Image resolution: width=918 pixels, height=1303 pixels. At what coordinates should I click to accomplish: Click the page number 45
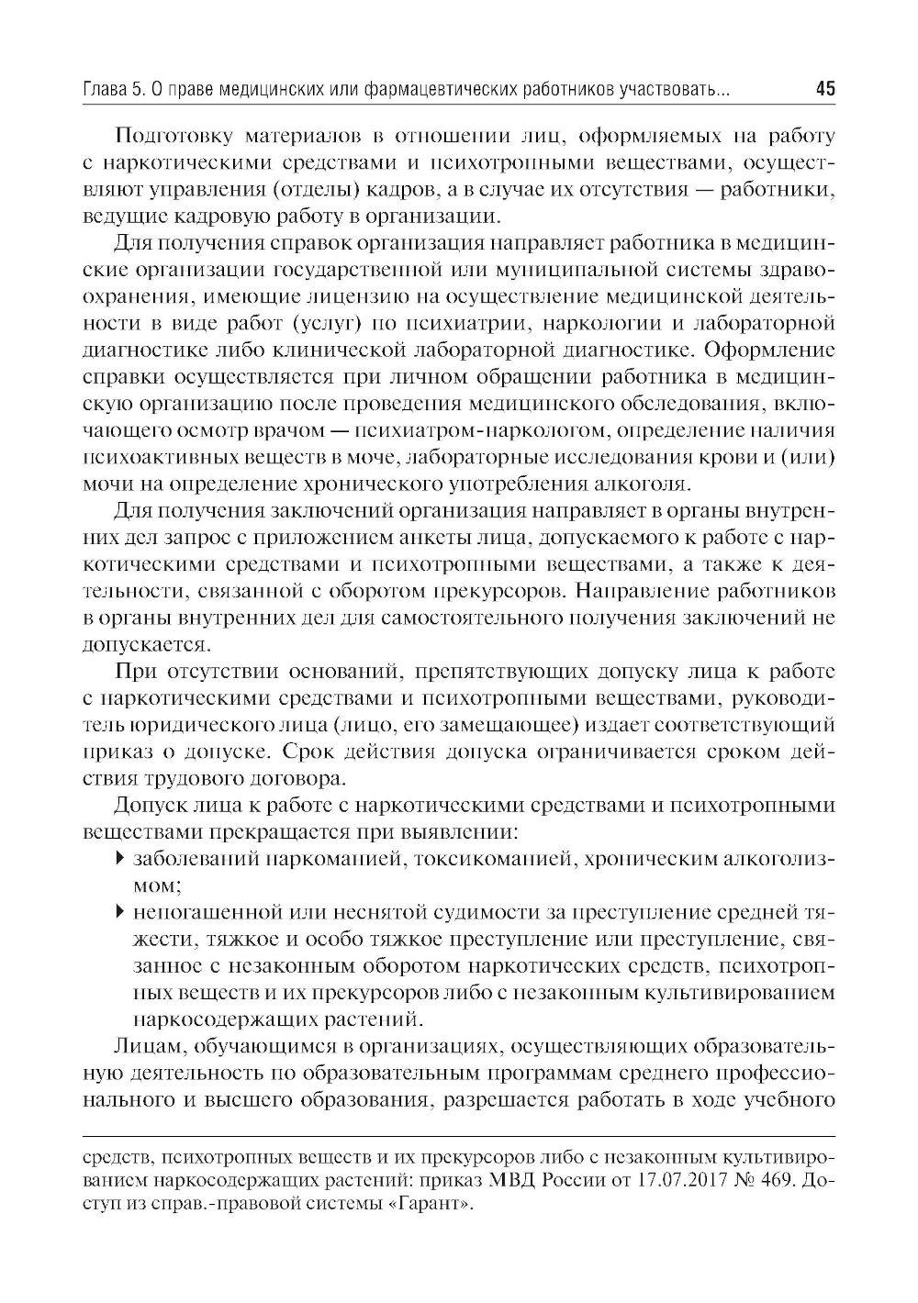click(824, 90)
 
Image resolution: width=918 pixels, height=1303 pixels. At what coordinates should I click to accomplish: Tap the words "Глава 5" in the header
click(114, 90)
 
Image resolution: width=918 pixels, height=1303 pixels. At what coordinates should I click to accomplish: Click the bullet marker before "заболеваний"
click(120, 860)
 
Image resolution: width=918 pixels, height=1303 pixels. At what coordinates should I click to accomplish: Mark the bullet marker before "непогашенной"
click(120, 913)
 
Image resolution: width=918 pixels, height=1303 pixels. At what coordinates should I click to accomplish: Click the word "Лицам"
click(147, 1047)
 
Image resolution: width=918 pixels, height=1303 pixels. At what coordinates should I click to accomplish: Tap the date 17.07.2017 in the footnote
click(680, 1182)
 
